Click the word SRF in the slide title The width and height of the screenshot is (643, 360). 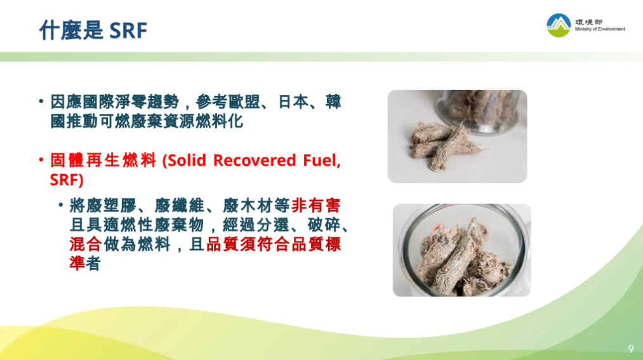pos(128,30)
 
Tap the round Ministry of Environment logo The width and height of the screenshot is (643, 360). pos(559,25)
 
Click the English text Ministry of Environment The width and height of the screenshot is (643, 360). pos(600,29)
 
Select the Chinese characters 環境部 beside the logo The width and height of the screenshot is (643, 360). pos(588,22)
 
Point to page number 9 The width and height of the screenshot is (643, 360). pos(631,349)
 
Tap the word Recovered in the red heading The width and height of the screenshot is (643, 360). pos(255,161)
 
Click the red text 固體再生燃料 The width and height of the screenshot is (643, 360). pos(103,161)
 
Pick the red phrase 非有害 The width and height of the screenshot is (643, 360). pos(315,206)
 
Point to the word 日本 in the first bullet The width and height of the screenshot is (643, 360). pos(293,102)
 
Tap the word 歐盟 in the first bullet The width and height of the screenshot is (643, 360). pos(244,102)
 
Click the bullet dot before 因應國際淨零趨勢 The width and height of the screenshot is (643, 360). pos(41,101)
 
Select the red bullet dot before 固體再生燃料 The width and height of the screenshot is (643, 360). pos(41,159)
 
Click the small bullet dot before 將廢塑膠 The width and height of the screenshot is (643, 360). pos(61,204)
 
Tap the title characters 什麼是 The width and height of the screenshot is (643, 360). pos(71,30)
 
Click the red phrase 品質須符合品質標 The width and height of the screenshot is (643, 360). pos(274,244)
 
